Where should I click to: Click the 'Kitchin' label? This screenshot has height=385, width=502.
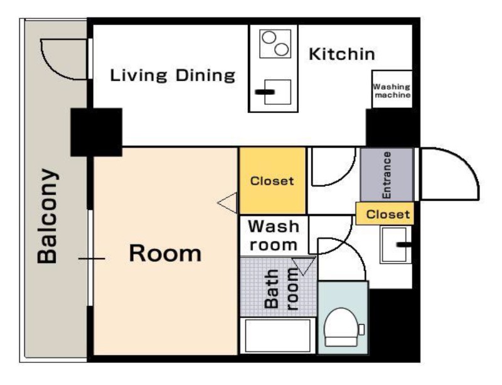[x=341, y=54]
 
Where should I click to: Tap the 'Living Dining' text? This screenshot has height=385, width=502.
[x=173, y=75]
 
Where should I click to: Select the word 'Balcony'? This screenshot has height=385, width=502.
[x=48, y=216]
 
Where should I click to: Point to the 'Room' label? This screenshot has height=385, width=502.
[x=165, y=253]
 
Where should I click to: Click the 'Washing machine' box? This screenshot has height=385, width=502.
[x=392, y=89]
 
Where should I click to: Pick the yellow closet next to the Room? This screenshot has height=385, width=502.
[x=272, y=180]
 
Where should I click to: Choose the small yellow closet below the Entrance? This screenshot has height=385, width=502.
[x=385, y=214]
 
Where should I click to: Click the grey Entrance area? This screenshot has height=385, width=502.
[x=387, y=175]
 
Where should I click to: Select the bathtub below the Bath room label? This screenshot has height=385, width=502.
[x=277, y=335]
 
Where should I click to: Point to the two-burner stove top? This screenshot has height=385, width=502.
[x=275, y=44]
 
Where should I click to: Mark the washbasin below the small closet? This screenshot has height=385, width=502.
[x=395, y=244]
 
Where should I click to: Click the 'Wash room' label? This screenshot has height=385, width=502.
[x=274, y=236]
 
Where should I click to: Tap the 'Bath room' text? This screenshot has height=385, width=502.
[x=281, y=288]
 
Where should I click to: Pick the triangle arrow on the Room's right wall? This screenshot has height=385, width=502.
[x=227, y=203]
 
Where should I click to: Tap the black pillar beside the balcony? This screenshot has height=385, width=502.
[x=96, y=132]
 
